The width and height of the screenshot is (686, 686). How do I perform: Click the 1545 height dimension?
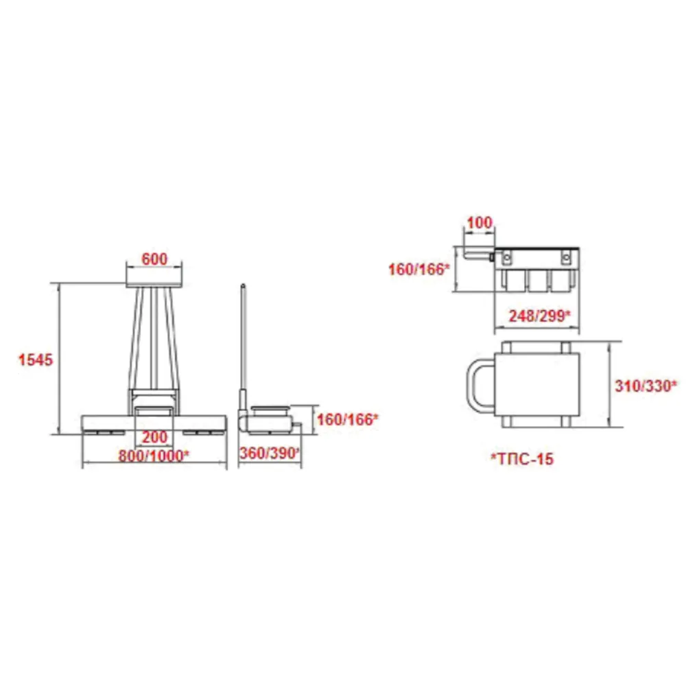click(x=36, y=359)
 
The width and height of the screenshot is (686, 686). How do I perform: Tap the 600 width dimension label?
click(x=154, y=259)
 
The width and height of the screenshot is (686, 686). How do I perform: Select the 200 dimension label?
click(x=154, y=436)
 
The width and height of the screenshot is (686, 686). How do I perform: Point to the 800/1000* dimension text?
click(x=154, y=456)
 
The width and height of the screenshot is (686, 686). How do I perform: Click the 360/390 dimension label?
click(x=269, y=453)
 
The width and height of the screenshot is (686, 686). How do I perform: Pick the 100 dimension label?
click(x=480, y=223)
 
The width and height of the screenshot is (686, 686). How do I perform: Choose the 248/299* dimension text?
click(x=539, y=316)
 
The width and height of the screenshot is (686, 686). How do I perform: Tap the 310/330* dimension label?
click(x=646, y=386)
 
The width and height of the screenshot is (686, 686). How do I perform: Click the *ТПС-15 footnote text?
click(x=522, y=458)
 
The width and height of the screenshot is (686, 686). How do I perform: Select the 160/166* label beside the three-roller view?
click(x=419, y=269)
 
